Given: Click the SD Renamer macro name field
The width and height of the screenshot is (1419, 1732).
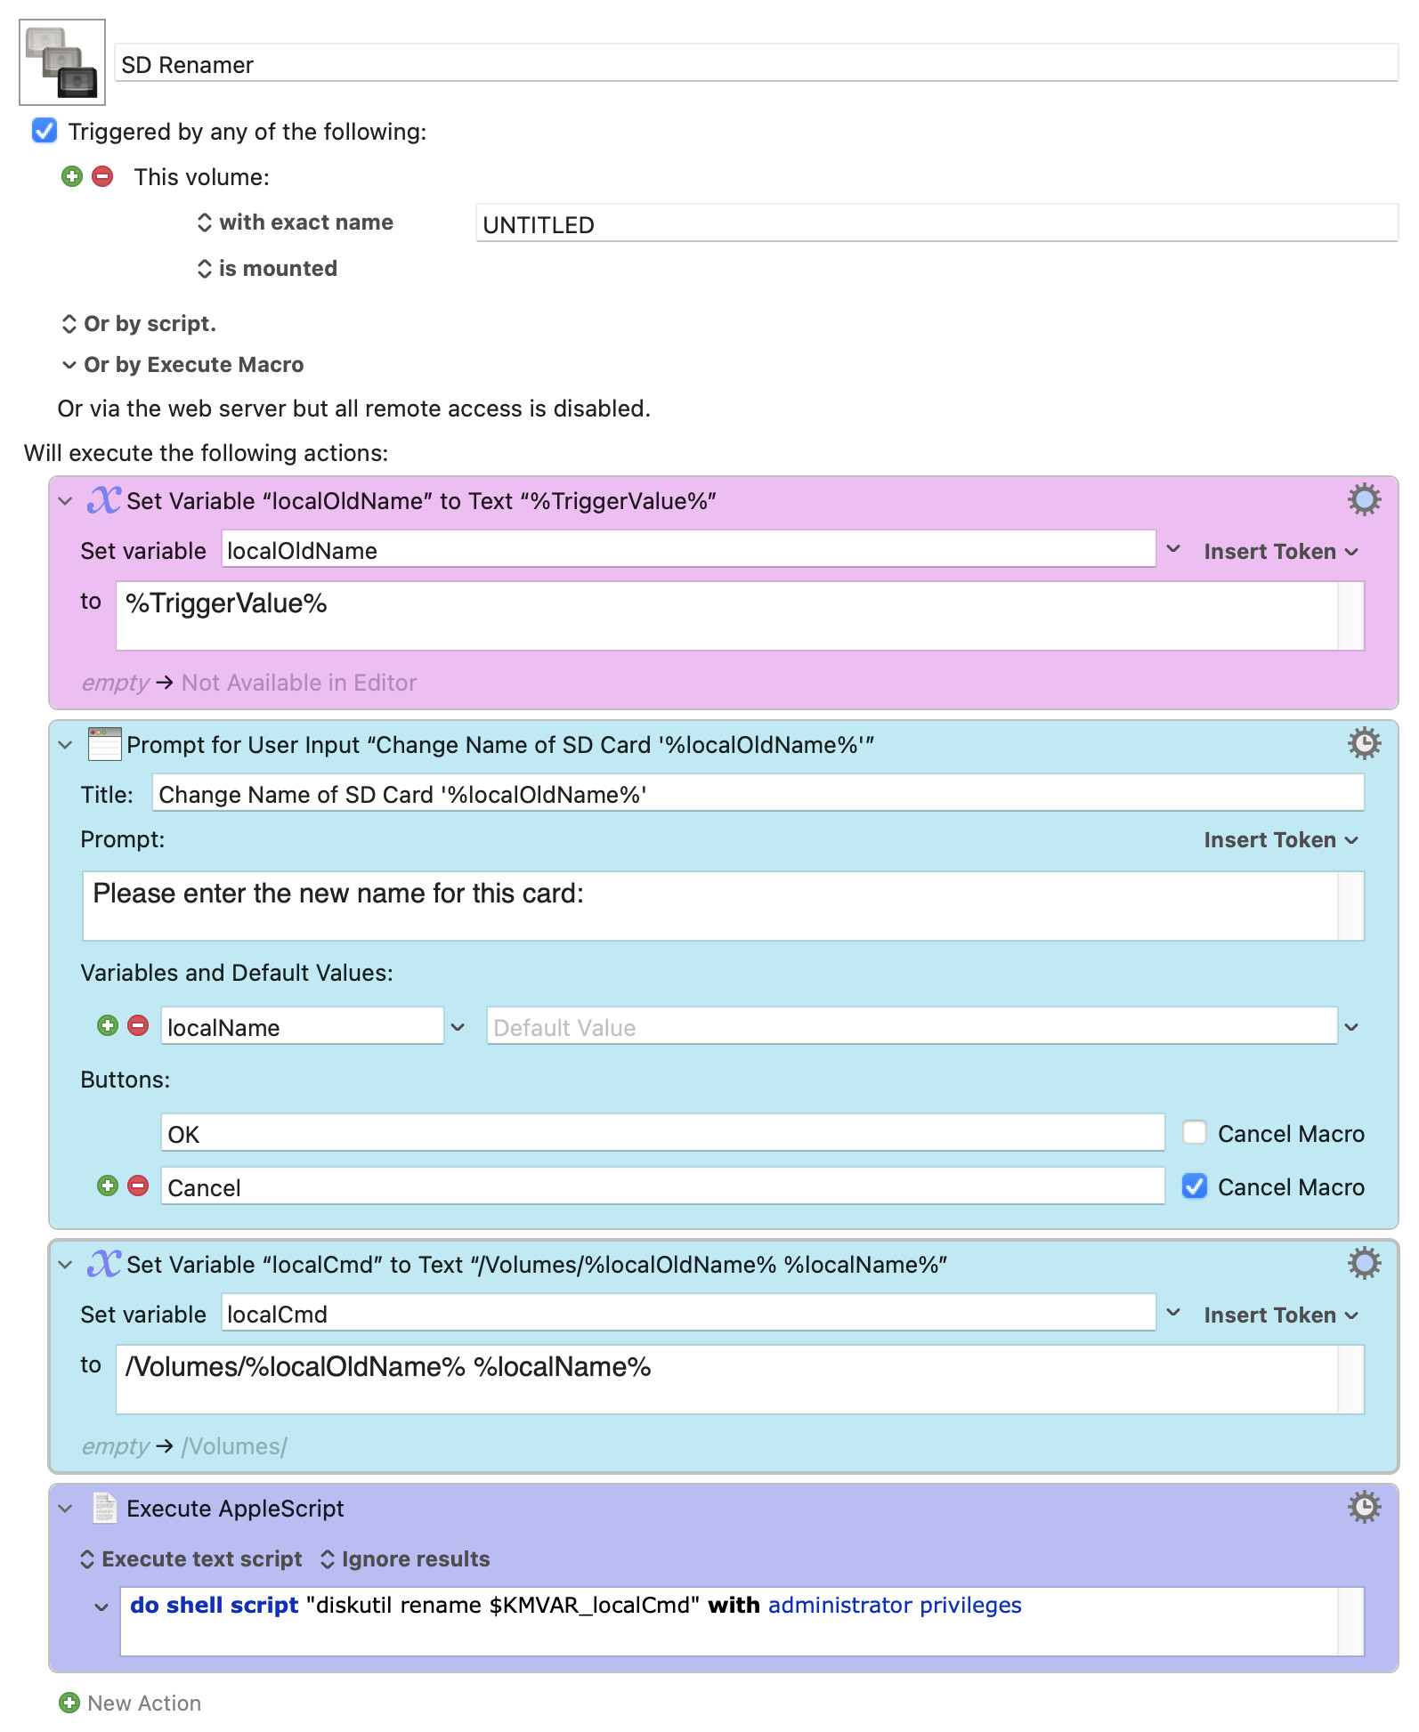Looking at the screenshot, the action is (756, 64).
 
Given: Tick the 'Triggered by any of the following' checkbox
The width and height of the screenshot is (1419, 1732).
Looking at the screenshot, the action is (45, 131).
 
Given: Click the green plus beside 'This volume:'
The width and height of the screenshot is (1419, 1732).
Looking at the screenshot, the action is (72, 176).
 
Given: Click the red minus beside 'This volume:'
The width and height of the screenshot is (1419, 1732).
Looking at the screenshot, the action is (103, 176).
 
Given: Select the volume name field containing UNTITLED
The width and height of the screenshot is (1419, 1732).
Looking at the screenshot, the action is (937, 223).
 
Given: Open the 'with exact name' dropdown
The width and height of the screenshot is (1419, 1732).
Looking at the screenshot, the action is (295, 223).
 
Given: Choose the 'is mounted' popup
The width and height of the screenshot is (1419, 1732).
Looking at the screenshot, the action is (267, 269).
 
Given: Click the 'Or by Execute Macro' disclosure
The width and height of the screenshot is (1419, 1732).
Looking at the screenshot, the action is (183, 365).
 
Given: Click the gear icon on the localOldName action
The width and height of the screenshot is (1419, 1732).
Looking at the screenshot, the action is (1364, 500).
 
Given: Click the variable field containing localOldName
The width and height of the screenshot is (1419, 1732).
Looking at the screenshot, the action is (688, 550).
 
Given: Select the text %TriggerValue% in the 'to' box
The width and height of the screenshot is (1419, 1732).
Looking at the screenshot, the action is (226, 603).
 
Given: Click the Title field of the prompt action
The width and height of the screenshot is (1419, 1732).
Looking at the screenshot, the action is (758, 793).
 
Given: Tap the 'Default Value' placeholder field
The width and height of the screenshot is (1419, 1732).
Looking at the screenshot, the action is (912, 1026).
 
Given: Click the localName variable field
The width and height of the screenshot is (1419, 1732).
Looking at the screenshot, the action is (302, 1026).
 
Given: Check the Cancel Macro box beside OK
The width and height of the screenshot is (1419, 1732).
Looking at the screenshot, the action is (1195, 1133).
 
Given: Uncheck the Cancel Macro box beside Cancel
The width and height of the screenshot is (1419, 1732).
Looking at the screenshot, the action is (1195, 1186).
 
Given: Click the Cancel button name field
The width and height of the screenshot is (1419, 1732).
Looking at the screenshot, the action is (662, 1186).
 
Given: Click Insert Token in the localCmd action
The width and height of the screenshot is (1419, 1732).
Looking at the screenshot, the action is (1281, 1315).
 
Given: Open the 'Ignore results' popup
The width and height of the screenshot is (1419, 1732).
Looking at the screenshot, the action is (405, 1558).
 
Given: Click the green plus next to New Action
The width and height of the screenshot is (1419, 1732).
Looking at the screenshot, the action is (69, 1703).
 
